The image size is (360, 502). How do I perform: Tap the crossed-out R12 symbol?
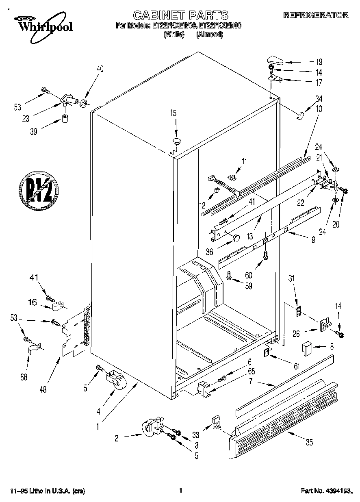39,189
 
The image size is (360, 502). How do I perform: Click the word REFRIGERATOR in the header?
316,15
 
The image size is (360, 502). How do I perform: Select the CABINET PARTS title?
180,15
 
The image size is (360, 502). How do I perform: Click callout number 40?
100,69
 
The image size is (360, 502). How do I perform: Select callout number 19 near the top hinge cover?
319,62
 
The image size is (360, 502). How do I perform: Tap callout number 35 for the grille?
309,443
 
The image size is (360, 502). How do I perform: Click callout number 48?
43,389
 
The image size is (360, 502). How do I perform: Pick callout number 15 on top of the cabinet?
173,113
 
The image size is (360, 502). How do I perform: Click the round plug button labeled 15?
177,141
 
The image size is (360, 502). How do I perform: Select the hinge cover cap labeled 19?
275,60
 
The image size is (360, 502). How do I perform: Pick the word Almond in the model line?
210,35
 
